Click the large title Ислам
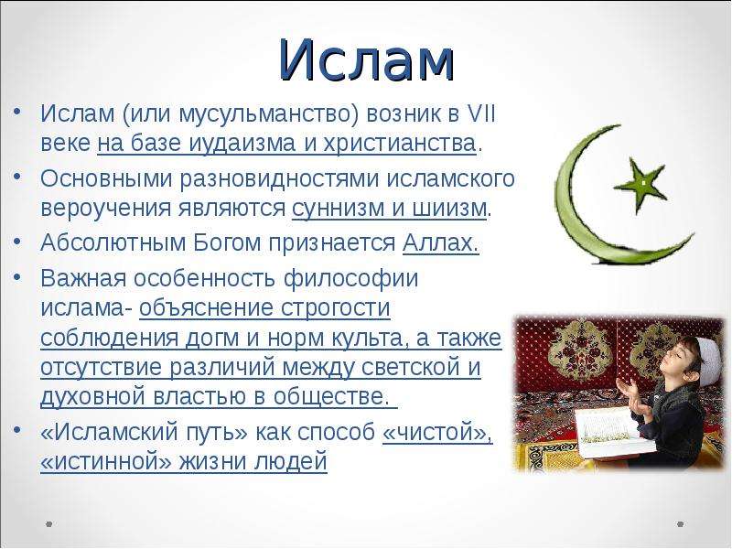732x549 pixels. (x=367, y=59)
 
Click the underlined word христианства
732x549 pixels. (x=399, y=144)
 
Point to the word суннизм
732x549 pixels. (x=333, y=208)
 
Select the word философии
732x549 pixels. (x=351, y=279)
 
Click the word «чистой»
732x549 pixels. (x=437, y=432)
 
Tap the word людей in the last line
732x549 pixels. (x=291, y=462)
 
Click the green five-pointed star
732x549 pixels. (x=640, y=184)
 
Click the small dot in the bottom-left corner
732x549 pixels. (x=49, y=524)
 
